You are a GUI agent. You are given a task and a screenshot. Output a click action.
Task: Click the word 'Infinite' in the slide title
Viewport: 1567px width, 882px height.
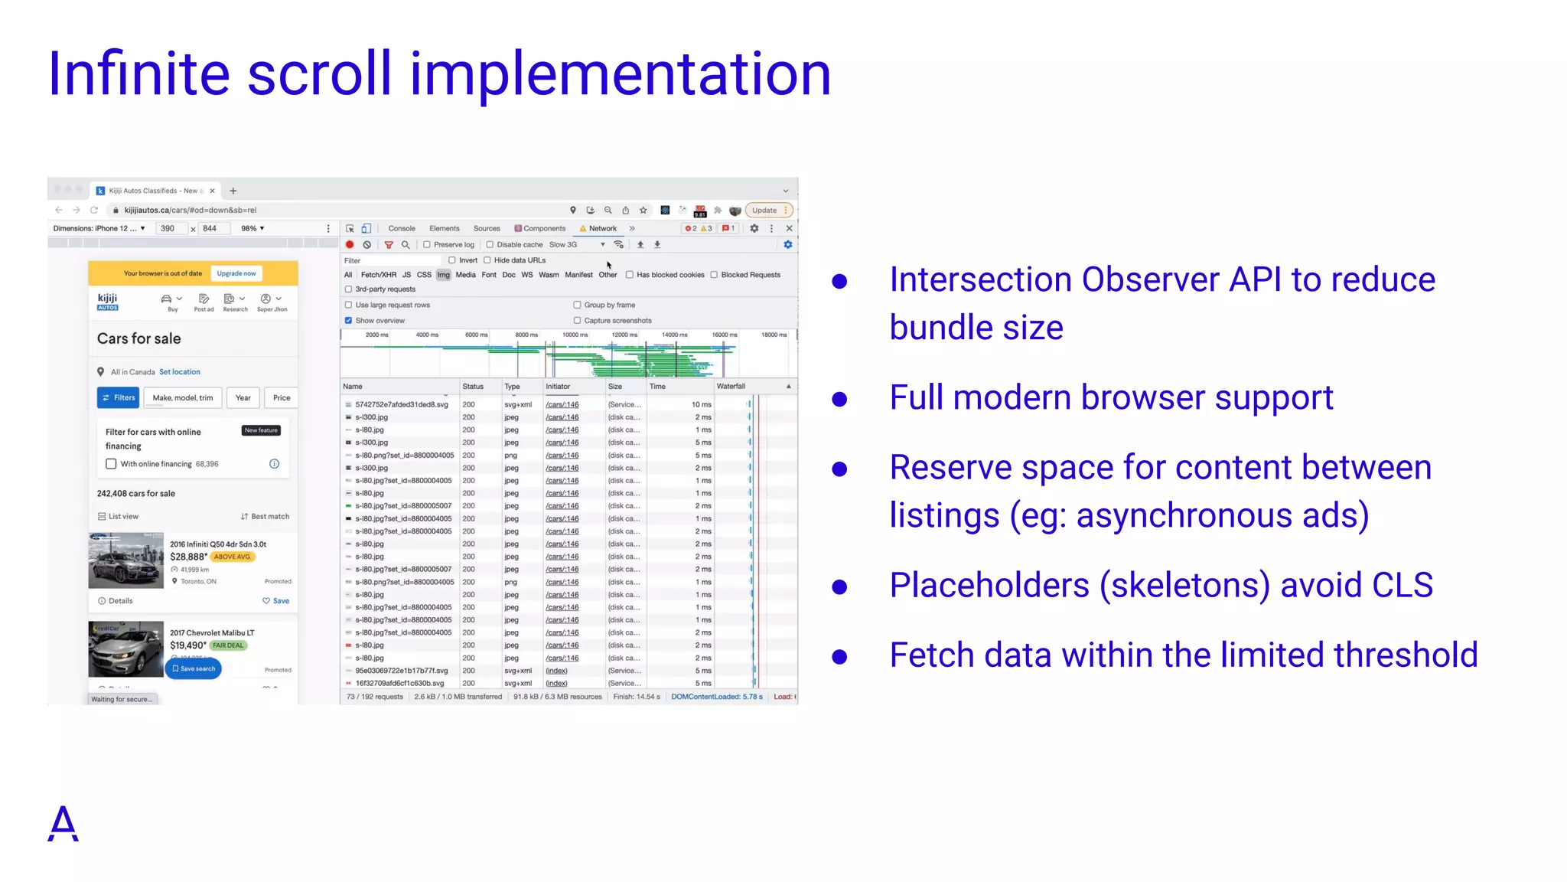[138, 73]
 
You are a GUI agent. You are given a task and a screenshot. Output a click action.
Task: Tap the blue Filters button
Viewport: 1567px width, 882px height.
[118, 397]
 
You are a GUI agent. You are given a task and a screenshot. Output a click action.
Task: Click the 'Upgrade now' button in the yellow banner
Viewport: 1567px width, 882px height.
[236, 273]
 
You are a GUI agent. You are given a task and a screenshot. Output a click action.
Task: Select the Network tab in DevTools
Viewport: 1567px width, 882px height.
[602, 228]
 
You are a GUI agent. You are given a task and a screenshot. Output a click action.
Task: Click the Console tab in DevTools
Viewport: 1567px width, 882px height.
[401, 228]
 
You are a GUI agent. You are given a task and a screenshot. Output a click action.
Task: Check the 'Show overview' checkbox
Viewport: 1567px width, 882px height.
[348, 321]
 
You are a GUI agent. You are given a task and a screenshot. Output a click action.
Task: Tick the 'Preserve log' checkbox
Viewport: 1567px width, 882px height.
[427, 245]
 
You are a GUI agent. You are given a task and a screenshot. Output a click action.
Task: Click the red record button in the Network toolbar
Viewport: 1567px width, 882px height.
[350, 245]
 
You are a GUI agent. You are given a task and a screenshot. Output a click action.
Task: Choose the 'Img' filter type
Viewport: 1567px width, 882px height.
[444, 275]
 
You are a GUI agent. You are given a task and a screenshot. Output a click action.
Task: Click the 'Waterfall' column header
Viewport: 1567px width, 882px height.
[731, 387]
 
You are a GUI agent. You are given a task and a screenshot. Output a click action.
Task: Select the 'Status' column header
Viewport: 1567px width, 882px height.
[473, 387]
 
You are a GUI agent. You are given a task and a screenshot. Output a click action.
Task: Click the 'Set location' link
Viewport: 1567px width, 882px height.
[180, 372]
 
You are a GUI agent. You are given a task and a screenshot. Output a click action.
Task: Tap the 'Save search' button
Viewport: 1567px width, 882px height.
[194, 668]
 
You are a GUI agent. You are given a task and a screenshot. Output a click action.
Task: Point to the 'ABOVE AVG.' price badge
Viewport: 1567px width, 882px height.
[232, 557]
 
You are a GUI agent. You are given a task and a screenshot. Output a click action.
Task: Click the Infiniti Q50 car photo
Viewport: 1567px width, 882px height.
[126, 560]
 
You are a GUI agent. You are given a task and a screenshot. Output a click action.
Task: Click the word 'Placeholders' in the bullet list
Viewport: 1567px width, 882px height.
[989, 586]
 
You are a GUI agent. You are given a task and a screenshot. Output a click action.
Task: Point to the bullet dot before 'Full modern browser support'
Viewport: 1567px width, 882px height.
[839, 399]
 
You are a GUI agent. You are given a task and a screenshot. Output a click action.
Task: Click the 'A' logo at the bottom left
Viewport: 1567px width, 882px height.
[64, 824]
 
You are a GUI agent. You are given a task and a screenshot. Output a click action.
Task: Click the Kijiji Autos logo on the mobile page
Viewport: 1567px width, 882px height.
[108, 302]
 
